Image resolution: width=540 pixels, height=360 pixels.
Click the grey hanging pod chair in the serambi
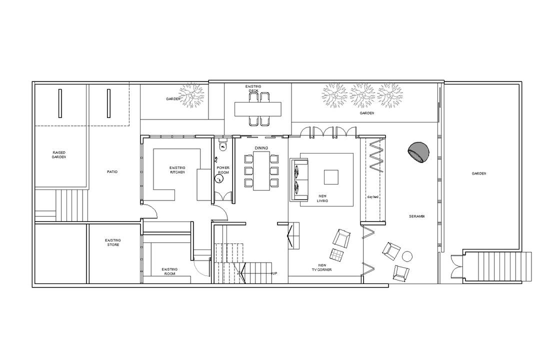click(418, 152)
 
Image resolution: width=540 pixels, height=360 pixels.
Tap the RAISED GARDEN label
click(59, 154)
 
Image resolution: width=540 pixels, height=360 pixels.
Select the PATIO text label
click(112, 171)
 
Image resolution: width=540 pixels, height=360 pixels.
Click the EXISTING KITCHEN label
click(177, 170)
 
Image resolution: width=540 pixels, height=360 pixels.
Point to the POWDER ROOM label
click(223, 170)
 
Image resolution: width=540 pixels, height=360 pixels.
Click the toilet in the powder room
click(223, 145)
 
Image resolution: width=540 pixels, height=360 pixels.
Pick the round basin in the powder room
click(218, 178)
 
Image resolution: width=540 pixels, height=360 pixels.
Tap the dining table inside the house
click(261, 171)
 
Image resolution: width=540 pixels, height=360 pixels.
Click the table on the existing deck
click(258, 109)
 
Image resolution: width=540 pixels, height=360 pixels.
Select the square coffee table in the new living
click(331, 177)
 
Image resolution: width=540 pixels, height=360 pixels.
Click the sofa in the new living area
click(299, 179)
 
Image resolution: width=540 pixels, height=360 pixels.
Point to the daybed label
click(372, 197)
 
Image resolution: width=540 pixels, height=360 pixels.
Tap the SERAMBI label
click(416, 216)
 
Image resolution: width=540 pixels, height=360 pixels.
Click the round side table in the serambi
click(407, 256)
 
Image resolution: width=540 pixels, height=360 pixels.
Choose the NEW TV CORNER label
click(322, 267)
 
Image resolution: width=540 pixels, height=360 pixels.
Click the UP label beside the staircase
click(274, 273)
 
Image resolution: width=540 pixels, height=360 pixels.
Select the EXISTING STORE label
click(113, 242)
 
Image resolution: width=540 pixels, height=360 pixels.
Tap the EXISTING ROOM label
click(169, 271)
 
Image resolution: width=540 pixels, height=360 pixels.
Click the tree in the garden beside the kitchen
click(191, 94)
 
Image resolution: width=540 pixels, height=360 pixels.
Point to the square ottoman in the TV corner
click(336, 255)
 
